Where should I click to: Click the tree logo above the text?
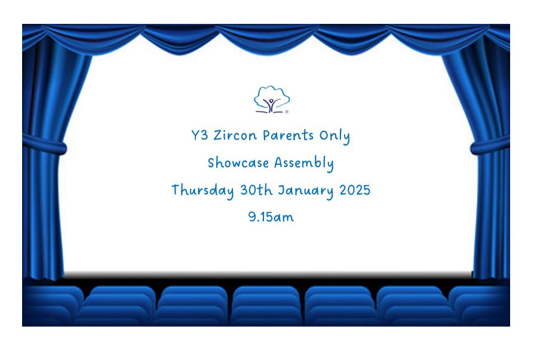pos(272,99)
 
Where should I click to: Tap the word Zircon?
pos(235,135)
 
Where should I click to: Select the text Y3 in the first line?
pos(200,135)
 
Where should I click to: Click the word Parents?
pos(288,136)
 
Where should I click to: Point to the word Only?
pos(335,136)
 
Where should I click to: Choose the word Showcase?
pos(238,162)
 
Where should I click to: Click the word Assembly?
pos(304,163)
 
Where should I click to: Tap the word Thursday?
pos(202,190)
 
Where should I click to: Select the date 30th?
pos(256,190)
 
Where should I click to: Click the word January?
pos(305,190)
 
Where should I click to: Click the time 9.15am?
pos(271,217)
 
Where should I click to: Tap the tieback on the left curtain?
pos(45,144)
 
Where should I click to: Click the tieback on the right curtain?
pos(490,145)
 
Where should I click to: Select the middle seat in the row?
pos(266,305)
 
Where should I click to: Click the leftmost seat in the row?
pos(53,305)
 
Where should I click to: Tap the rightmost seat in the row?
pos(479,305)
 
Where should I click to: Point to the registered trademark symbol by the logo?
pos(287,112)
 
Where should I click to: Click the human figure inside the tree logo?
pos(271,104)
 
